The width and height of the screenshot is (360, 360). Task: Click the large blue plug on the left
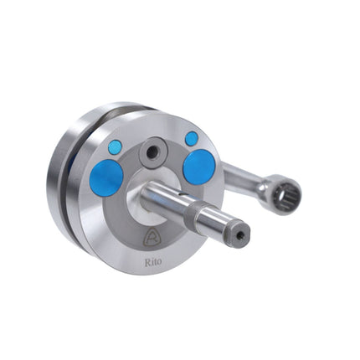[x=106, y=177]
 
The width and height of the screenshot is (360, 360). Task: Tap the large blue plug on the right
[x=199, y=167]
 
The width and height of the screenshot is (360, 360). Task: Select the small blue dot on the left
[x=116, y=146]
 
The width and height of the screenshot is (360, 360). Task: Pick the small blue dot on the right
[x=192, y=139]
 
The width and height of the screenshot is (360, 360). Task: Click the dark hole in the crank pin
[x=152, y=152]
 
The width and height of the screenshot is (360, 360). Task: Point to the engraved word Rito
[x=153, y=262]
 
